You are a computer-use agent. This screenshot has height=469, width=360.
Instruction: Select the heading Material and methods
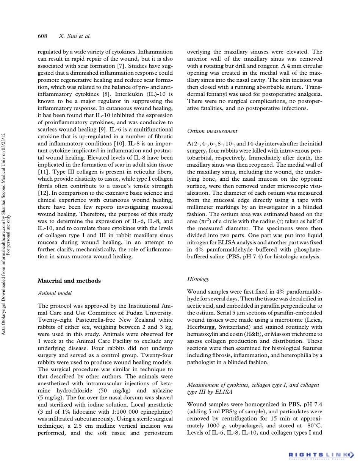[69, 281]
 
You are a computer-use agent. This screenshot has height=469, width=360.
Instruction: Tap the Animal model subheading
[55, 293]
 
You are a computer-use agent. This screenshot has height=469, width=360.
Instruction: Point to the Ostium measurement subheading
[212, 131]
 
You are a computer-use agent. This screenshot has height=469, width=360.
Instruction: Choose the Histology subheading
[198, 279]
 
